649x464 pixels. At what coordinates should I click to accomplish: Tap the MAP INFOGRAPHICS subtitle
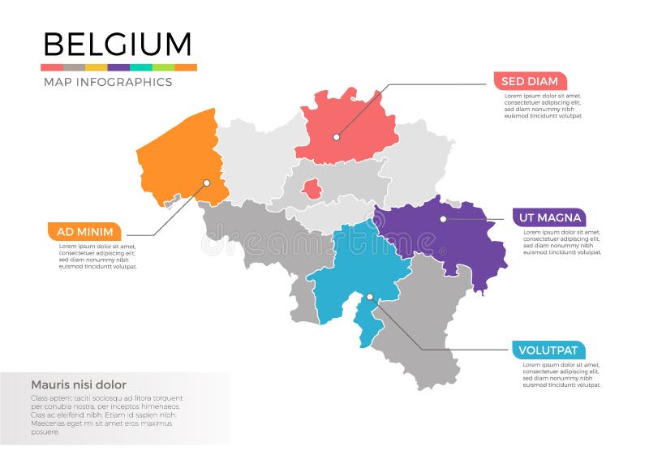click(107, 82)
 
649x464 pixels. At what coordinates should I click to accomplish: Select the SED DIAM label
click(530, 81)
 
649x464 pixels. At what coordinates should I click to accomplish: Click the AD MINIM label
click(85, 231)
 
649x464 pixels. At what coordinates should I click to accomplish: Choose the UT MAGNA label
click(548, 217)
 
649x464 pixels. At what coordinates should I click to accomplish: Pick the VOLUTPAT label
click(548, 350)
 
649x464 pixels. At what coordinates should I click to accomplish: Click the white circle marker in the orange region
click(206, 183)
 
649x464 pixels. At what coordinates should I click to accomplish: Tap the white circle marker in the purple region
click(443, 218)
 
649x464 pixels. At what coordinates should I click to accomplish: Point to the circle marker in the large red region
click(336, 136)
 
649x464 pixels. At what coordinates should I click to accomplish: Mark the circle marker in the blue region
click(369, 297)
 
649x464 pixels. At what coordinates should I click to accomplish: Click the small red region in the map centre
click(311, 190)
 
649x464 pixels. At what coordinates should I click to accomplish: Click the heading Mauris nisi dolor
click(79, 385)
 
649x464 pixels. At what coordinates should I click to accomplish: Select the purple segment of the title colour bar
click(118, 67)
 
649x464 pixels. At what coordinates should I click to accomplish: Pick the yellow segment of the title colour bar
click(97, 67)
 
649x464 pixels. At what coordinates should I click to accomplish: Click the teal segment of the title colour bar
click(141, 67)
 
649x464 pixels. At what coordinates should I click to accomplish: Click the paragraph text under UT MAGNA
click(562, 242)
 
